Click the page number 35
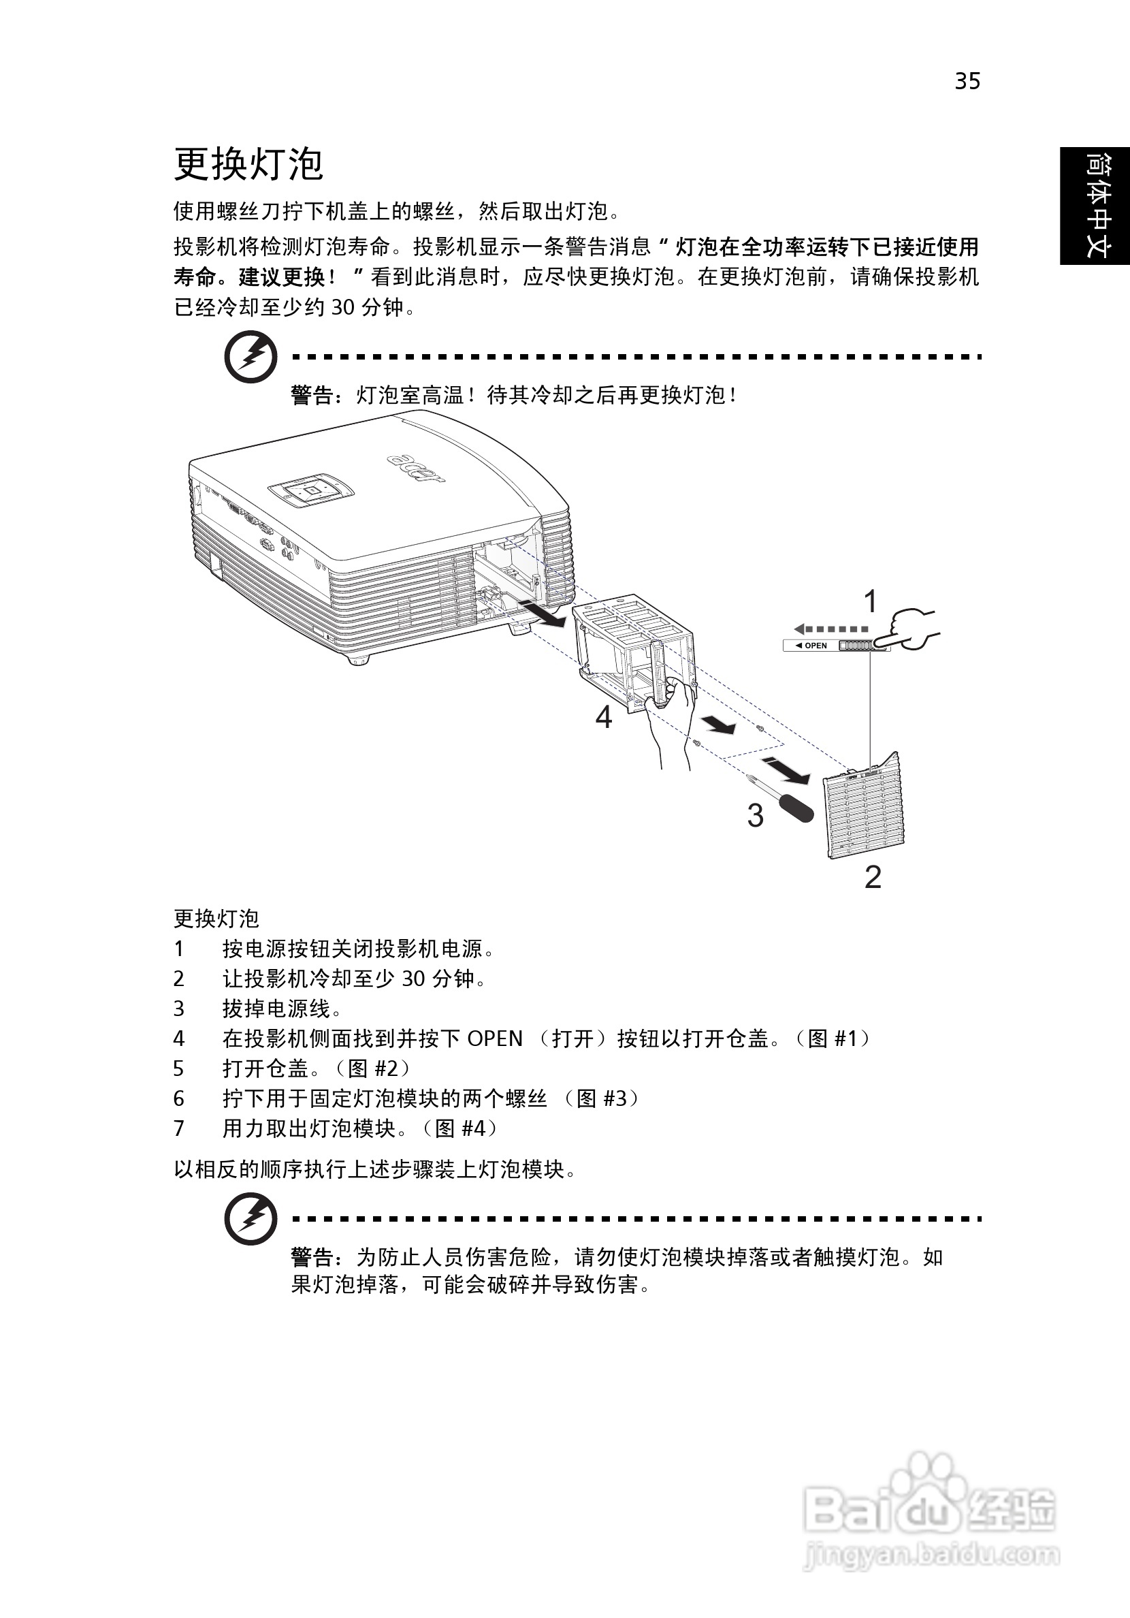click(x=967, y=82)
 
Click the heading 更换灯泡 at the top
click(x=248, y=164)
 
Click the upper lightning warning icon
click(x=249, y=359)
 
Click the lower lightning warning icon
click(x=249, y=1218)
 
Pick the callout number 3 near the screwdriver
click(x=755, y=816)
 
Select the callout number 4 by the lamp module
click(x=604, y=717)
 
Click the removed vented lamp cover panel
click(x=865, y=810)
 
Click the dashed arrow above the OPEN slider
click(x=831, y=629)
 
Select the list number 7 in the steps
click(x=179, y=1129)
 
